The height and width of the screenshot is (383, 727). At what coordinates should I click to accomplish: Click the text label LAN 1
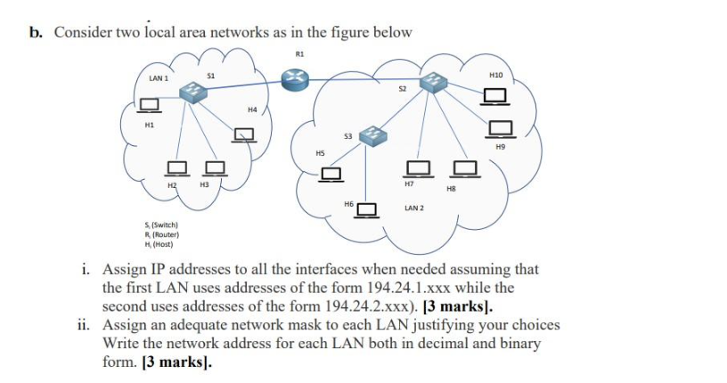click(x=159, y=79)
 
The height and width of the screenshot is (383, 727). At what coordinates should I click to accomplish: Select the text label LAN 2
click(x=413, y=208)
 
